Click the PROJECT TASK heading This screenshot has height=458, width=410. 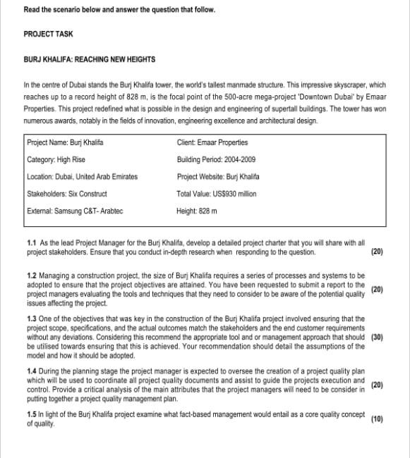pyautogui.click(x=47, y=34)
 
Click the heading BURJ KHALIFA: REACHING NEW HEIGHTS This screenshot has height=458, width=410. pyautogui.click(x=90, y=59)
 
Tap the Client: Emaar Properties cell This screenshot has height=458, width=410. pyautogui.click(x=212, y=142)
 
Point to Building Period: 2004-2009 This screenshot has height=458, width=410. pyautogui.click(x=216, y=159)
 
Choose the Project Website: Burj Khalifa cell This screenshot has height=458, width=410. pyautogui.click(x=218, y=176)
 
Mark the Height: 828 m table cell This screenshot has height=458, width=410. pyautogui.click(x=197, y=210)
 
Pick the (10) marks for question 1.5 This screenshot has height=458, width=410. pyautogui.click(x=377, y=419)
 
